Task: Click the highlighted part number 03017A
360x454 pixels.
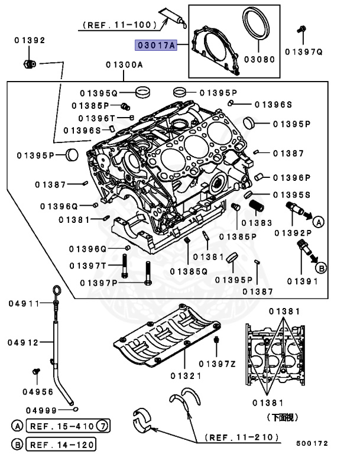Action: point(156,44)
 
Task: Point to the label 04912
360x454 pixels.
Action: point(23,342)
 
